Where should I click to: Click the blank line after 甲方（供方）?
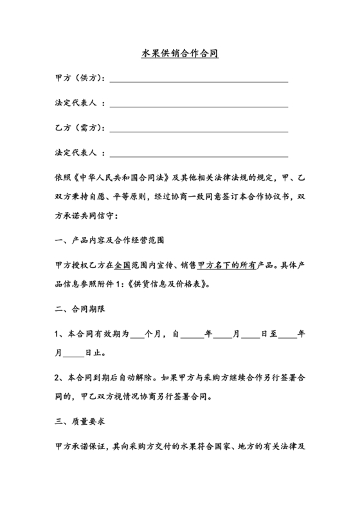coord(199,80)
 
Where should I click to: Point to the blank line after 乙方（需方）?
coord(199,130)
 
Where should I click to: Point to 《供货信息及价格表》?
coord(172,283)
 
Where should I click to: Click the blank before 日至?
coord(251,335)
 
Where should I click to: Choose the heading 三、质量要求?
coord(78,422)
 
